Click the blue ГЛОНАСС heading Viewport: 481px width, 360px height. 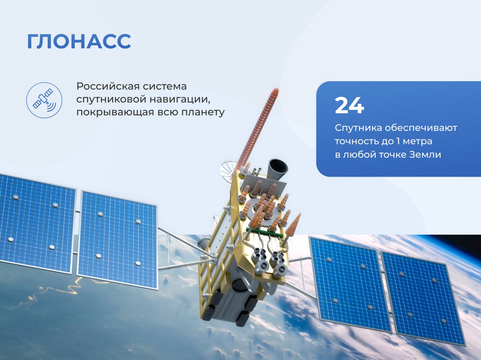click(x=79, y=41)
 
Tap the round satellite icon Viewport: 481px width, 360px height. click(x=44, y=100)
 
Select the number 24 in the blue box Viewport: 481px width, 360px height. click(x=349, y=105)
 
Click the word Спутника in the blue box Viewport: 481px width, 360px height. click(x=358, y=128)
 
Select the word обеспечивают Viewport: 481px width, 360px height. click(x=421, y=128)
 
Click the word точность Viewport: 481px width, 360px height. click(x=356, y=141)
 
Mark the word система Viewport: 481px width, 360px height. click(x=165, y=86)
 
